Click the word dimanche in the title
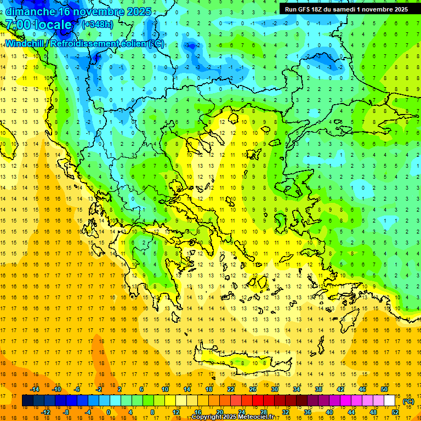tap(30, 12)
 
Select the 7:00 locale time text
tap(38, 25)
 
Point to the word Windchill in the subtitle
tap(25, 43)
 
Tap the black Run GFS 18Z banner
tap(346, 9)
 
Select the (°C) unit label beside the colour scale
tap(408, 401)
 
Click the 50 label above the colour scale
tap(384, 389)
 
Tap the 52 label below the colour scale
tap(395, 412)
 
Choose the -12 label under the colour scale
tap(45, 412)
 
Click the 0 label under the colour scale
tap(109, 412)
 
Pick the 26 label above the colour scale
tap(253, 389)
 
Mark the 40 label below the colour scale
tap(329, 412)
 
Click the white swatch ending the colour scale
tap(390, 401)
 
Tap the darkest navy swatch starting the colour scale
tap(27, 401)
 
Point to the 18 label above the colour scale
tap(209, 389)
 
